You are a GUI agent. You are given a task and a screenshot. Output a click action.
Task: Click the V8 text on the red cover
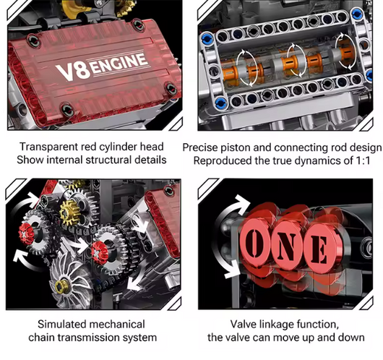[72, 70]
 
